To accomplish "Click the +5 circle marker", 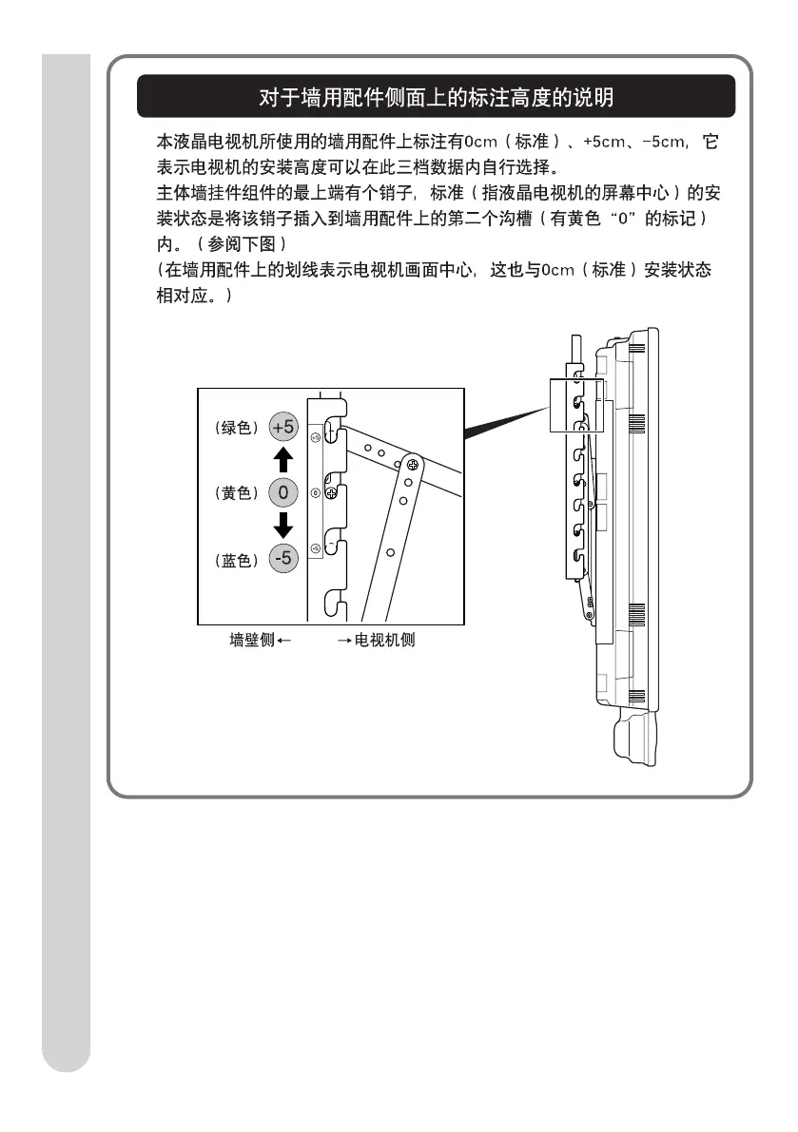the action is click(x=283, y=428).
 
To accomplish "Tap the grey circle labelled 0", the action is click(x=282, y=493).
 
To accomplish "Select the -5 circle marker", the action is click(x=282, y=559).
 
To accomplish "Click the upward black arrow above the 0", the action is click(x=282, y=460).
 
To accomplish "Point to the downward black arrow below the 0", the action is click(x=282, y=525).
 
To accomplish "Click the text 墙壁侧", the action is click(x=251, y=641).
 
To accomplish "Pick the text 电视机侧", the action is click(x=385, y=641).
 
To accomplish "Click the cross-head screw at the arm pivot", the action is click(x=413, y=465).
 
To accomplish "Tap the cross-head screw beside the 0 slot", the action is click(x=331, y=494).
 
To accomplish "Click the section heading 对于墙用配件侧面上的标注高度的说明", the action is click(x=437, y=97).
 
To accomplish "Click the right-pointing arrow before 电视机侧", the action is click(x=345, y=641).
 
